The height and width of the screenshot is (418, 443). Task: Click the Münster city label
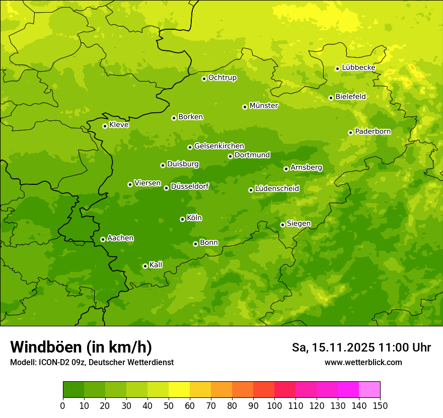(x=264, y=106)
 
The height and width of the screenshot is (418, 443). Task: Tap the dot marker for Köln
(x=182, y=219)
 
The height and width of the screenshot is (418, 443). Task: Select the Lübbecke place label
(x=358, y=67)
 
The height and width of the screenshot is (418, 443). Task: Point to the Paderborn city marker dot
(x=350, y=132)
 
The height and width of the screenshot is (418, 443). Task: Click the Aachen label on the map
(x=120, y=238)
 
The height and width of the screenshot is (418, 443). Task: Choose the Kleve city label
(x=119, y=125)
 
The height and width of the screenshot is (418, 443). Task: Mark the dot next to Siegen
(x=282, y=225)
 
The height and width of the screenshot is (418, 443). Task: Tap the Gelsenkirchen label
(x=219, y=146)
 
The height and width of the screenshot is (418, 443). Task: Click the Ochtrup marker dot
(x=204, y=79)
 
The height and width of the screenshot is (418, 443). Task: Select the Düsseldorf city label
(x=190, y=186)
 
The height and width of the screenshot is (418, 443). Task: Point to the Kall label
(x=156, y=265)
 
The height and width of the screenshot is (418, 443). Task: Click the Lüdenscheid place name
(x=277, y=189)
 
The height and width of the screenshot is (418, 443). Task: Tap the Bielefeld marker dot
(x=331, y=98)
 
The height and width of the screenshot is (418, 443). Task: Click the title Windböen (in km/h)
(x=81, y=347)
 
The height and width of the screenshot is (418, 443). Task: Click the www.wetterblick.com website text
(x=363, y=362)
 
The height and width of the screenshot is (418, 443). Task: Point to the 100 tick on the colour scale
(x=274, y=405)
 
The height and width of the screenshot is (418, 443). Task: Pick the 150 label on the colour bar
(x=380, y=405)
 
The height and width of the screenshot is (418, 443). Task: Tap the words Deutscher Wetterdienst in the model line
(x=136, y=362)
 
